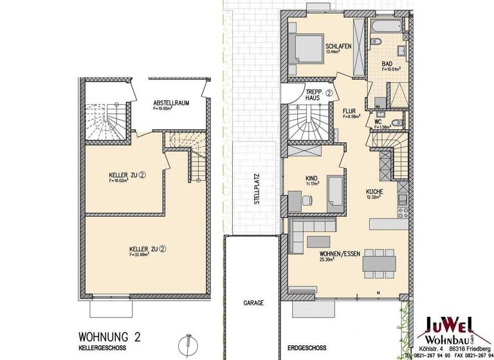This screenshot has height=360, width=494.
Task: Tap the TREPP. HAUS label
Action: (x=315, y=94)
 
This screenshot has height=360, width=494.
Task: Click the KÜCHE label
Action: (x=375, y=192)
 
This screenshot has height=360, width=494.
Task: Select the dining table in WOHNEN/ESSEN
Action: (x=380, y=263)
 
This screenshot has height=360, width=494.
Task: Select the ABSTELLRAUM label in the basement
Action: (x=170, y=104)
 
